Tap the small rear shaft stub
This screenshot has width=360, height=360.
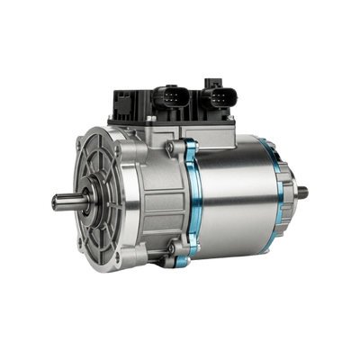tap(303, 190)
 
